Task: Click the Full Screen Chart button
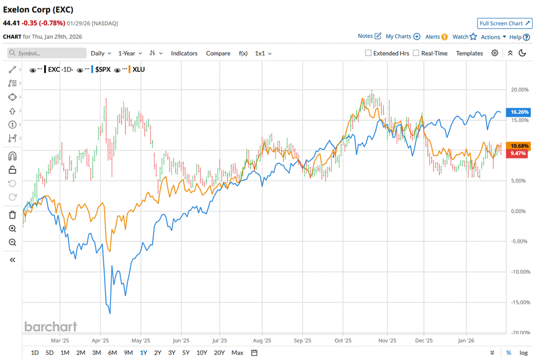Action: point(505,23)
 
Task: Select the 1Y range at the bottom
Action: point(144,353)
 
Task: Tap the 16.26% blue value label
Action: point(521,112)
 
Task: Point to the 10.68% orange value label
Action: point(521,145)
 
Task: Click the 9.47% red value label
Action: point(521,153)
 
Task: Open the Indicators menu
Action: point(184,53)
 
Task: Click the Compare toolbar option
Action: point(218,53)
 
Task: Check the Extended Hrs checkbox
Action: point(369,53)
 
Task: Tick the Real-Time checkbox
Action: point(416,53)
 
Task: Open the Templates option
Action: point(469,53)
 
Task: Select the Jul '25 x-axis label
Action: point(219,339)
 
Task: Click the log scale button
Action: point(523,353)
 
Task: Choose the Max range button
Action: point(237,353)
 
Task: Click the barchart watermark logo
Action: point(50,326)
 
